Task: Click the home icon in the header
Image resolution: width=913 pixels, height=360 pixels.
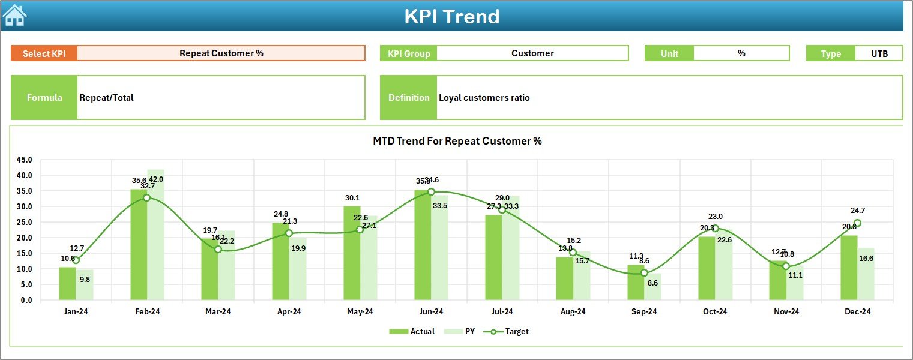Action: click(x=15, y=16)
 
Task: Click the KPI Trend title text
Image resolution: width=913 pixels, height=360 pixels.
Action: click(x=451, y=16)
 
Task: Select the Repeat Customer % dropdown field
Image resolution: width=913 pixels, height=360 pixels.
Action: click(x=221, y=53)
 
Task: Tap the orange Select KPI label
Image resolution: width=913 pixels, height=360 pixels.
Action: click(x=44, y=53)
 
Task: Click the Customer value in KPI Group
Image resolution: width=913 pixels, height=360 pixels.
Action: click(x=532, y=53)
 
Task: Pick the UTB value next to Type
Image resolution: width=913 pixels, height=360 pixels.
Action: click(x=879, y=53)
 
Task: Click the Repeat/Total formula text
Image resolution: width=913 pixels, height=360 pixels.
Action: click(x=106, y=98)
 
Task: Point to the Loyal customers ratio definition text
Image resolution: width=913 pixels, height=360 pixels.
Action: click(x=484, y=98)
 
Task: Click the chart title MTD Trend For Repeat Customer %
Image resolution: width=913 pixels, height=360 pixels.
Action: click(x=457, y=141)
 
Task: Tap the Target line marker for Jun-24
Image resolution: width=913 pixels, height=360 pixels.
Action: click(x=431, y=192)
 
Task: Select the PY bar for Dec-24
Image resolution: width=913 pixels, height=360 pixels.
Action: click(x=866, y=274)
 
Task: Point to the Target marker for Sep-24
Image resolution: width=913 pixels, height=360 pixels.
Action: click(x=644, y=273)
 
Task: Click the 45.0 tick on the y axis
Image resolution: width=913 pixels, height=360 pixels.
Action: click(x=25, y=160)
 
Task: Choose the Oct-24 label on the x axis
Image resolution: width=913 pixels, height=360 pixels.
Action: click(x=715, y=312)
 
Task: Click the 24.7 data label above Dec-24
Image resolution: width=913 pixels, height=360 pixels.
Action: click(x=857, y=211)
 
